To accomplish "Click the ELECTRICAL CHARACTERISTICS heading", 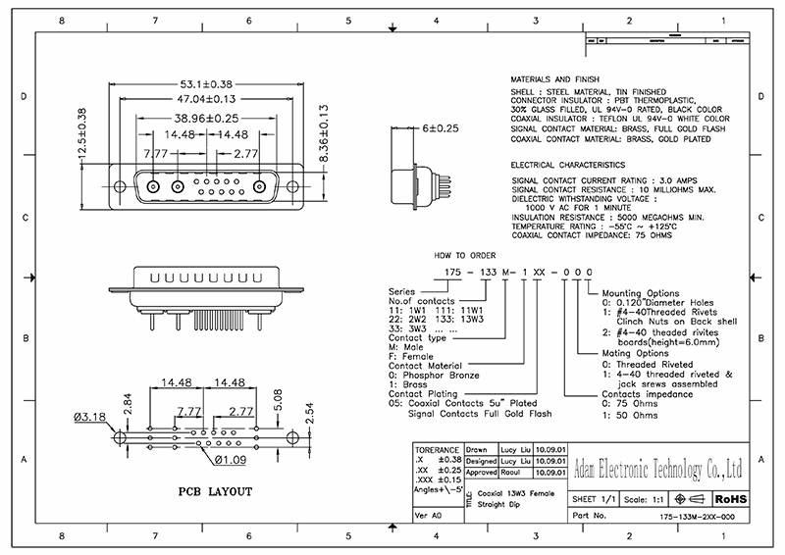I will [x=568, y=166].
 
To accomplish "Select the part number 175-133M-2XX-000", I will [x=698, y=516].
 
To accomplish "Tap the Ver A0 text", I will [x=430, y=515].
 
